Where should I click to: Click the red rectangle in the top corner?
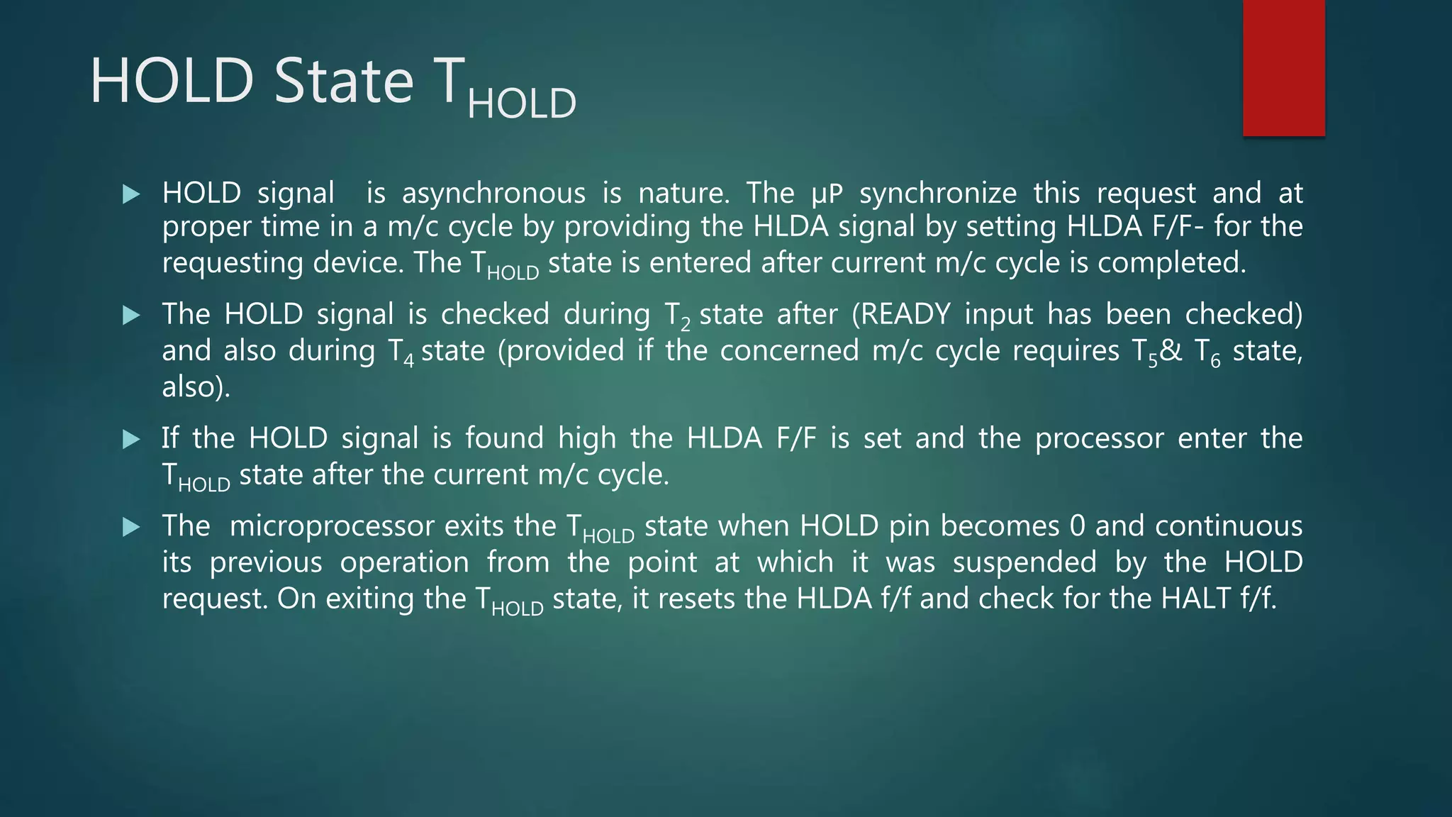[x=1283, y=67]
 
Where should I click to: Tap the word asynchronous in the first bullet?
[x=493, y=193]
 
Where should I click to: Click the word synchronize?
[x=938, y=193]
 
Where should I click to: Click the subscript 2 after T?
[x=685, y=326]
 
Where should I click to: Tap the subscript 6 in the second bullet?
[x=1215, y=362]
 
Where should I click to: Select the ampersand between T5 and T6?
[x=1171, y=351]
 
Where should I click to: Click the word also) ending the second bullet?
[x=196, y=387]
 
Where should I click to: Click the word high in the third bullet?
[x=586, y=438]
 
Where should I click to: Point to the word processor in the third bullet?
[x=1099, y=438]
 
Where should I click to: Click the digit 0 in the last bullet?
[x=1077, y=526]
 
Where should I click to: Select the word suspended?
[x=1024, y=562]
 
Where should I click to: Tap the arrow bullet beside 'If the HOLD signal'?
[x=131, y=439]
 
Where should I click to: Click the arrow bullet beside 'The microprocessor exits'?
[x=131, y=527]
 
